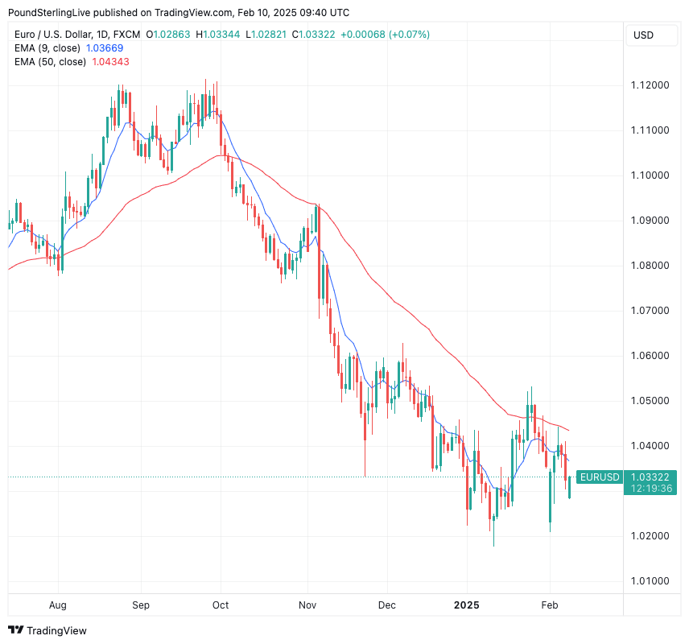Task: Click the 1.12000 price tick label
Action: click(650, 85)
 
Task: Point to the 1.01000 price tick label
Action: click(650, 581)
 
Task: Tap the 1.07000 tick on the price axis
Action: click(650, 311)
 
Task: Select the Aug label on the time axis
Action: click(58, 605)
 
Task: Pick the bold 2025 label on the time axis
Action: click(467, 605)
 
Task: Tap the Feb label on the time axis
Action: click(549, 605)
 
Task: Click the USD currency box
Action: click(644, 35)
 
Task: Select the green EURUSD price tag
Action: click(600, 477)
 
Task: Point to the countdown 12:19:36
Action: click(651, 488)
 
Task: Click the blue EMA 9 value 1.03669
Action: click(105, 48)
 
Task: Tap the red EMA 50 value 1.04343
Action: click(111, 61)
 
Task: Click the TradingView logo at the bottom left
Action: click(47, 630)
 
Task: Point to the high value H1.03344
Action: click(218, 35)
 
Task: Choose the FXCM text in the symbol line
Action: click(126, 35)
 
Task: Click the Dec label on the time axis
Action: click(387, 605)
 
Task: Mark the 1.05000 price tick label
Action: click(650, 401)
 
